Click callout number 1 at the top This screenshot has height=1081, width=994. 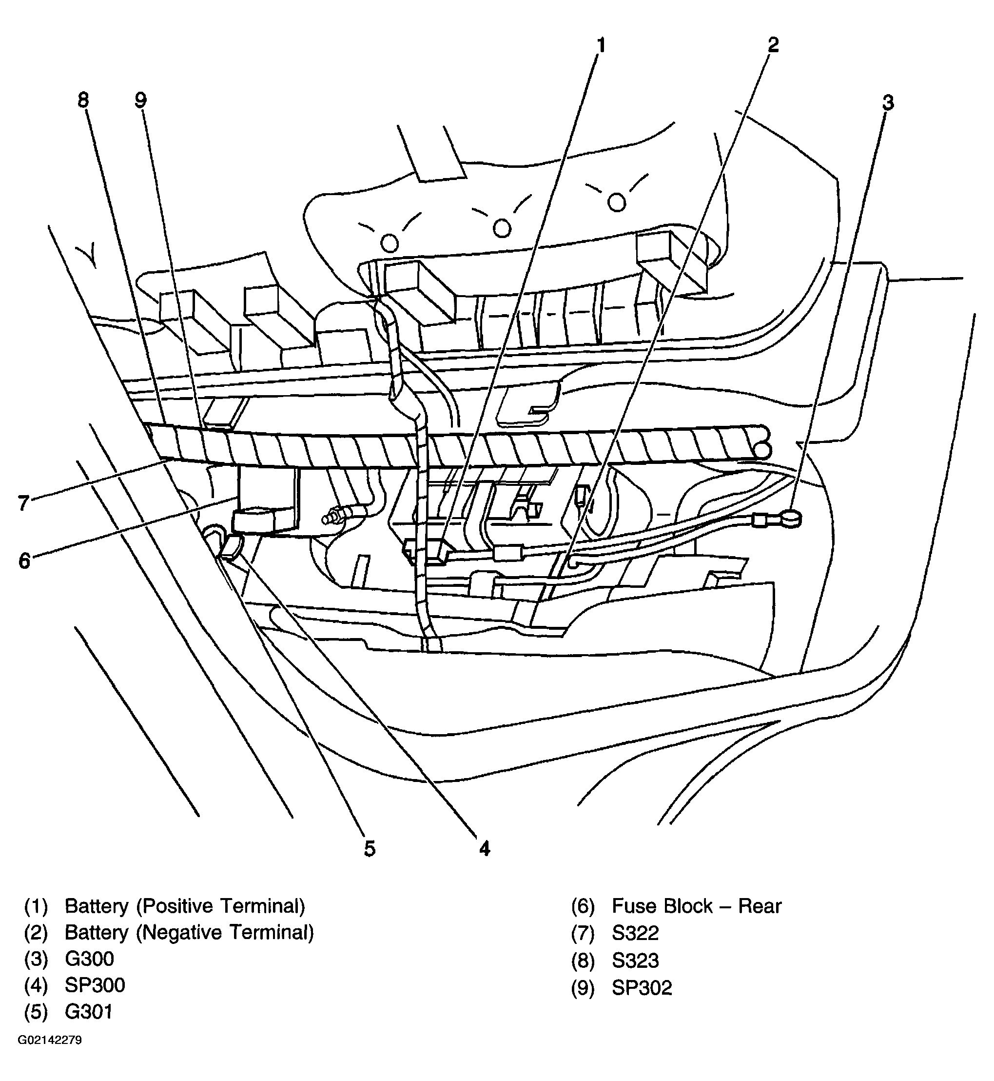click(x=601, y=46)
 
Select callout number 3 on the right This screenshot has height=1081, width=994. click(x=888, y=102)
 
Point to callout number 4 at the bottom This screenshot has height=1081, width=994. click(x=484, y=849)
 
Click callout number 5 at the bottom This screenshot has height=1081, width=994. click(x=369, y=849)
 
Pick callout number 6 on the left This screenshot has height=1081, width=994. click(x=24, y=561)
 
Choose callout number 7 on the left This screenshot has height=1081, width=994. click(x=22, y=503)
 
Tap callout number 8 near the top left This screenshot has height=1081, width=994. click(x=83, y=100)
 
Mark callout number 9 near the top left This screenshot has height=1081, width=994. click(x=140, y=100)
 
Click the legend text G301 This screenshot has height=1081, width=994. click(x=89, y=1012)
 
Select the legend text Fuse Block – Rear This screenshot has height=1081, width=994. click(x=696, y=906)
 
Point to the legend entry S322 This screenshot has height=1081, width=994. click(x=635, y=933)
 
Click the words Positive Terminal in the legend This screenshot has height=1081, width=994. click(x=220, y=906)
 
